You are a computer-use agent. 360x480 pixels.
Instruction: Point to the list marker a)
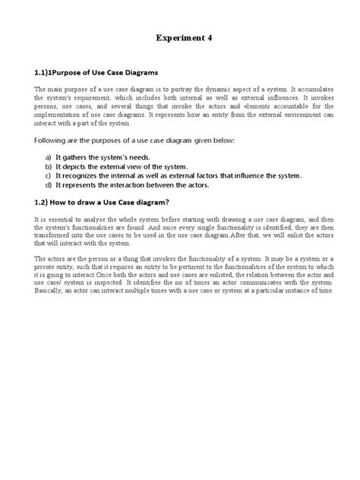pyautogui.click(x=49, y=155)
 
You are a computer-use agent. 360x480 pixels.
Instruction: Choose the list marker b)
pyautogui.click(x=49, y=165)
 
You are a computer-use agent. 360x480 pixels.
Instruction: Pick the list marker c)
pyautogui.click(x=49, y=175)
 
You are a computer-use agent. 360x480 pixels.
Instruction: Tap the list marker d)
pyautogui.click(x=49, y=185)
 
